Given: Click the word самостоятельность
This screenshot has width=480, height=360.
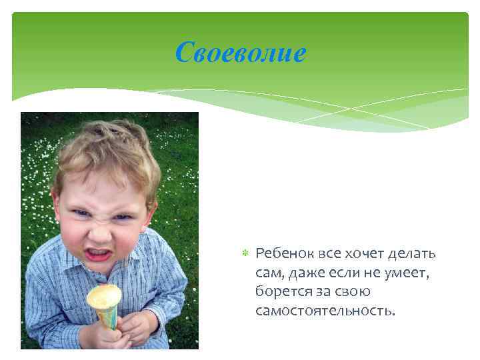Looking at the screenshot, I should tap(325, 310).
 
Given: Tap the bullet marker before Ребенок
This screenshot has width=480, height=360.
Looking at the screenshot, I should tap(245, 255).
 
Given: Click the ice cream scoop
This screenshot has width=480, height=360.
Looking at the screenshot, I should tap(104, 295).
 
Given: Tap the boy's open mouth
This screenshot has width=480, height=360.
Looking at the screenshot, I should tap(99, 254).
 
